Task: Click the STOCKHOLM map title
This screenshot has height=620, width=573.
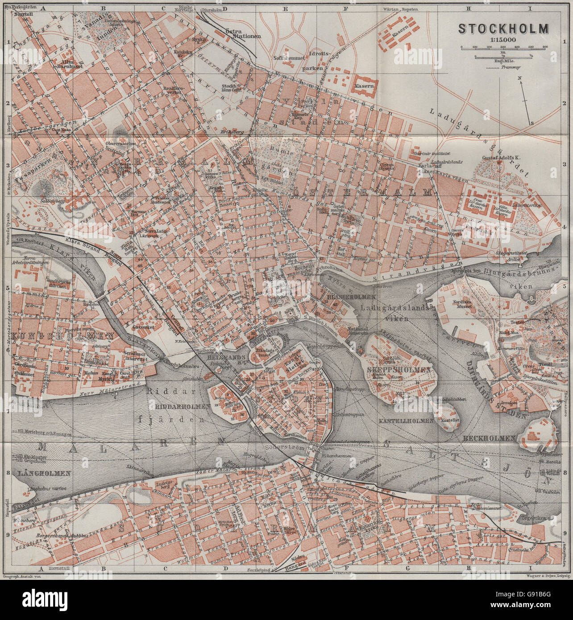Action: [504, 29]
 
